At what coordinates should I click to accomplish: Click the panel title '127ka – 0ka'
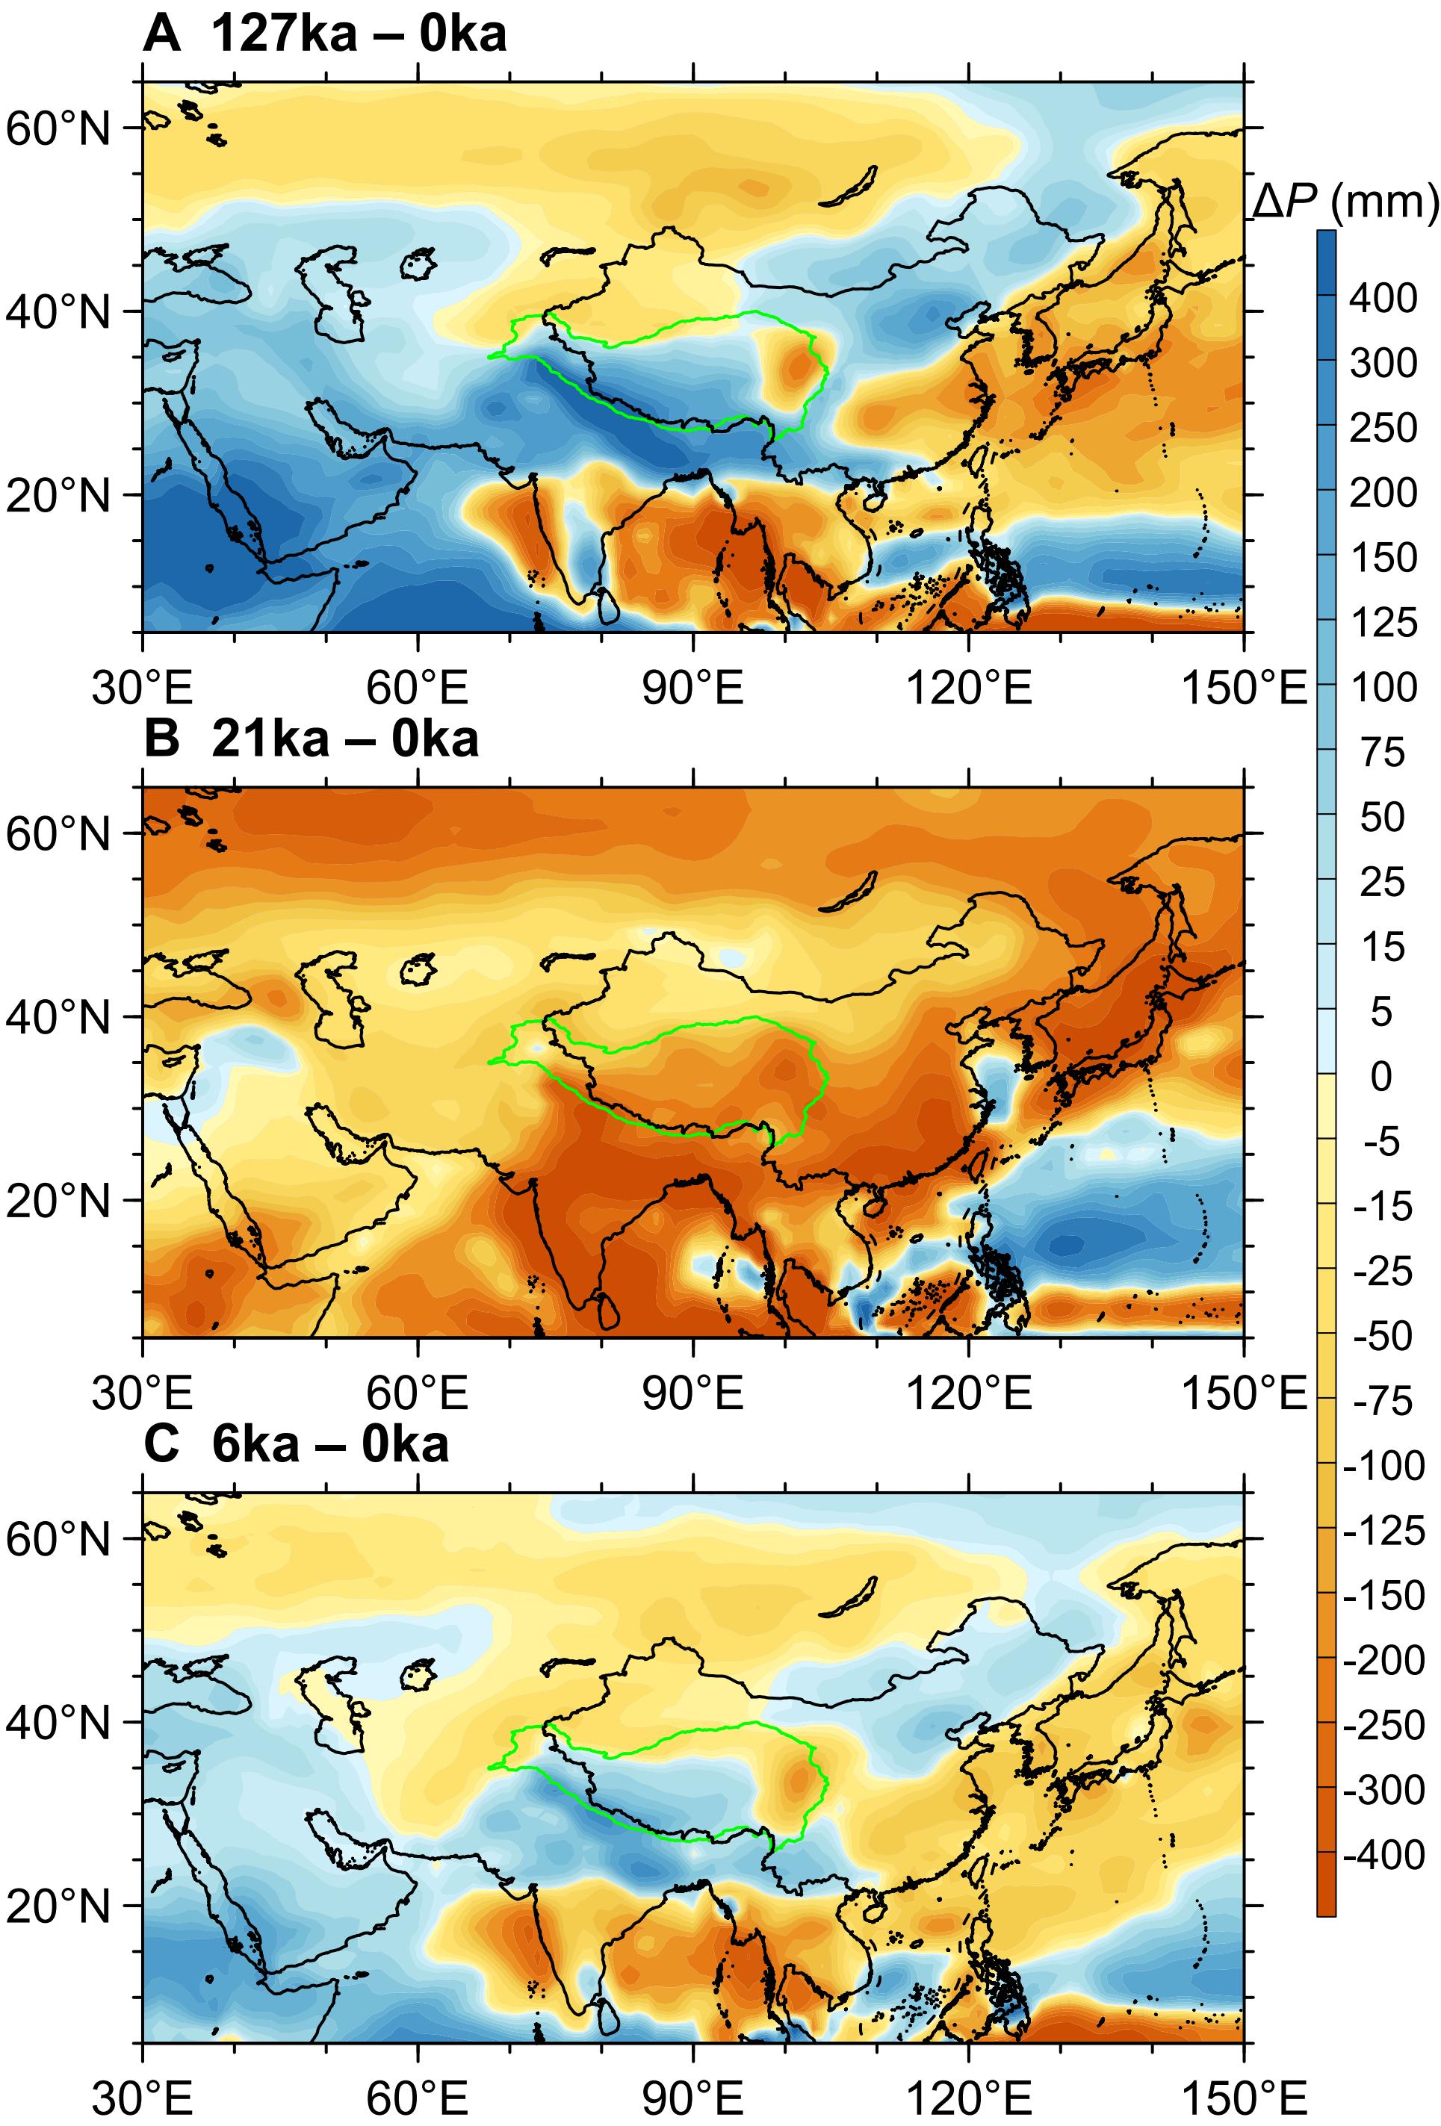click(x=358, y=36)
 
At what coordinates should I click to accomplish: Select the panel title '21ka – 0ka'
click(x=344, y=740)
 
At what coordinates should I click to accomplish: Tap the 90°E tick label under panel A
click(x=692, y=688)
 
